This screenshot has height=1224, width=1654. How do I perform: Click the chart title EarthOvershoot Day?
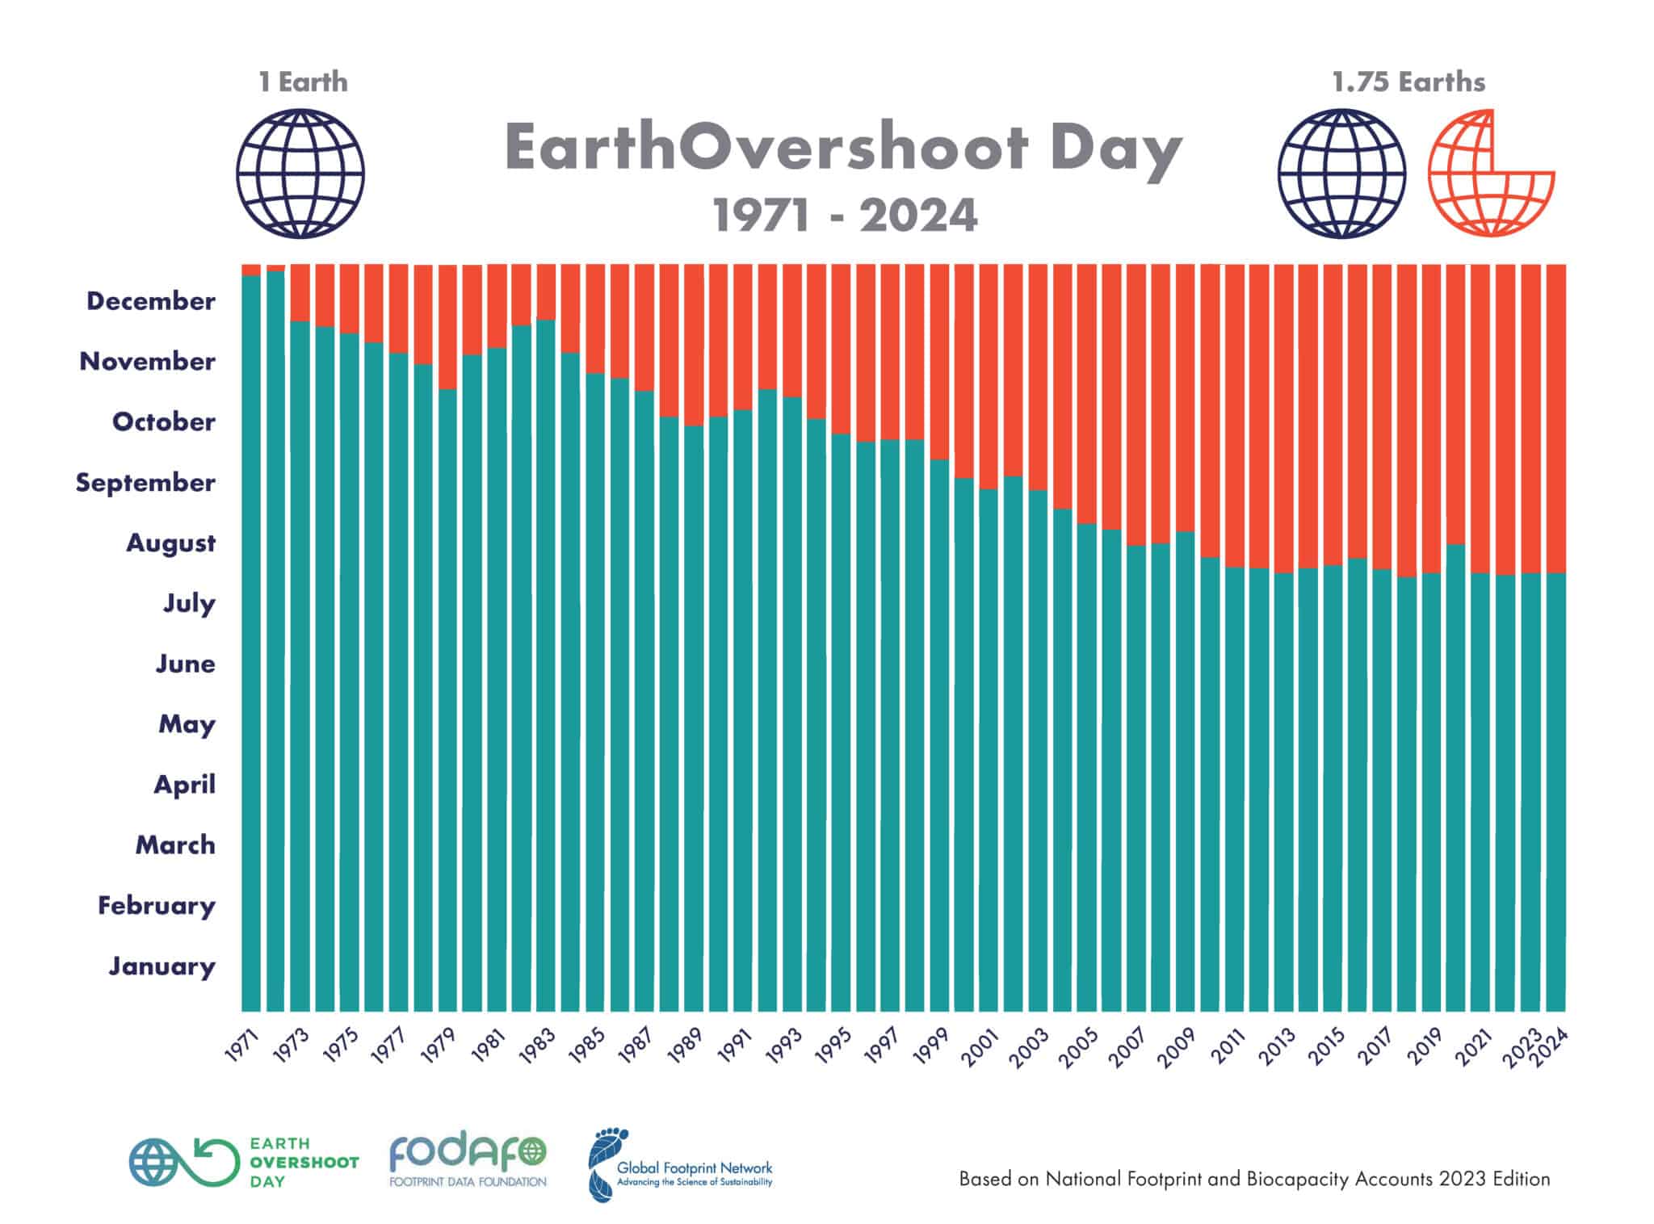(843, 149)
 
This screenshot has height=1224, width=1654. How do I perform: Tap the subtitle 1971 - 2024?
(845, 216)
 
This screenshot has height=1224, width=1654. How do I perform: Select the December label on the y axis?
(151, 301)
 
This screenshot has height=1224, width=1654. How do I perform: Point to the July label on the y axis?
(190, 603)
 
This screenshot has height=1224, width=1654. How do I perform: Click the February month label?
(157, 905)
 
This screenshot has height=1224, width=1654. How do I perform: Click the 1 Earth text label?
(303, 82)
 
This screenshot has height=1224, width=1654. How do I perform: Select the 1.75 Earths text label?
(1408, 82)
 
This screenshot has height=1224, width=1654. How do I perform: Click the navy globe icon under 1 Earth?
(300, 174)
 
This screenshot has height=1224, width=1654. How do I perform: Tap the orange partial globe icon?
(1491, 174)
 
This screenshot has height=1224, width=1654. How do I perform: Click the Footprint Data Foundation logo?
(468, 1162)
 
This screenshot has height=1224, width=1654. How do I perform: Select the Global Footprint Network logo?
(680, 1166)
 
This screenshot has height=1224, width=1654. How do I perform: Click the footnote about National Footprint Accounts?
(1254, 1179)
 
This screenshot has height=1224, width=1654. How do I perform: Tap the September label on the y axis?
(145, 483)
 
